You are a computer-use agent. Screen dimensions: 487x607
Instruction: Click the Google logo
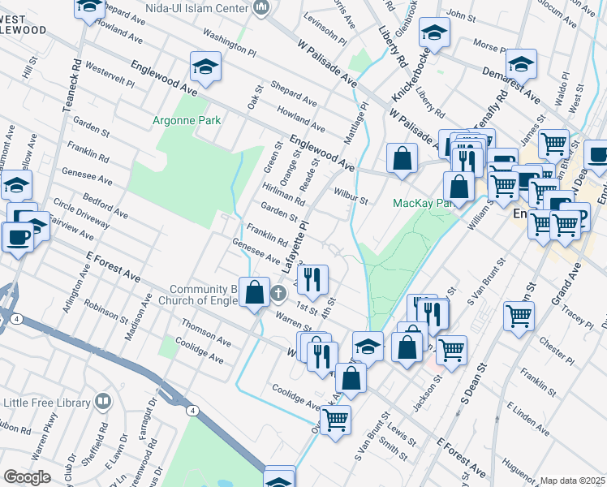coord(27,477)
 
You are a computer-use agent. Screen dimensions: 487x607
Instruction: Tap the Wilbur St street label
coord(351,196)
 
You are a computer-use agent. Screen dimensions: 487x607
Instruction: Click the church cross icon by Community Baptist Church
coord(278,293)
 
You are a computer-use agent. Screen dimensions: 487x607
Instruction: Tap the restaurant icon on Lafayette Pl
coord(312,279)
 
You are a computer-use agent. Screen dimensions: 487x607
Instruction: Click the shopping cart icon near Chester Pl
coord(519,317)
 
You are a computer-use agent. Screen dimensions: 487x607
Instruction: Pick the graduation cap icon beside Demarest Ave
coord(520,65)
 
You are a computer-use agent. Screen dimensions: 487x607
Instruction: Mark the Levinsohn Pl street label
coord(325,35)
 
